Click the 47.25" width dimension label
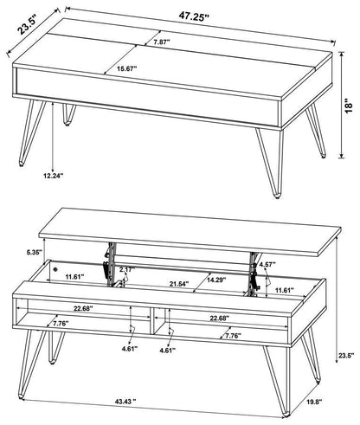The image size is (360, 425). [x=196, y=16]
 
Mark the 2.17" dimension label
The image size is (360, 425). [x=127, y=271]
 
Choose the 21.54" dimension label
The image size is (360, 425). [x=177, y=285]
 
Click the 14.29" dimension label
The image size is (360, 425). [x=217, y=280]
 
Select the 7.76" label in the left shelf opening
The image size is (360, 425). [x=61, y=324]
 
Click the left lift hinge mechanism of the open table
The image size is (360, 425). [x=108, y=261]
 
